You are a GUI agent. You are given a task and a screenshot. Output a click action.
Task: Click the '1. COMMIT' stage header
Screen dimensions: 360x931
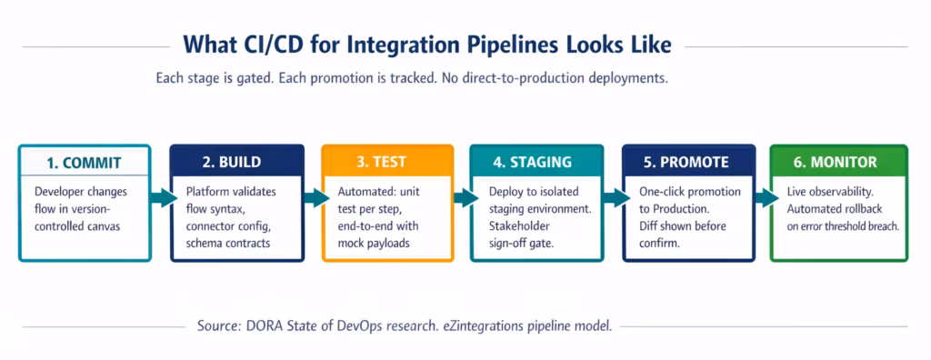point(85,163)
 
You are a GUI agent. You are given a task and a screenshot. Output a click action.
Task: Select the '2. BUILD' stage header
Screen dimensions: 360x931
point(234,162)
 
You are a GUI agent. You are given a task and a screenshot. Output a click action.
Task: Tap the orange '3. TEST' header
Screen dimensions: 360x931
point(386,162)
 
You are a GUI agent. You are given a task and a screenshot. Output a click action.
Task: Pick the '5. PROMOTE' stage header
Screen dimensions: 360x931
point(688,162)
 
